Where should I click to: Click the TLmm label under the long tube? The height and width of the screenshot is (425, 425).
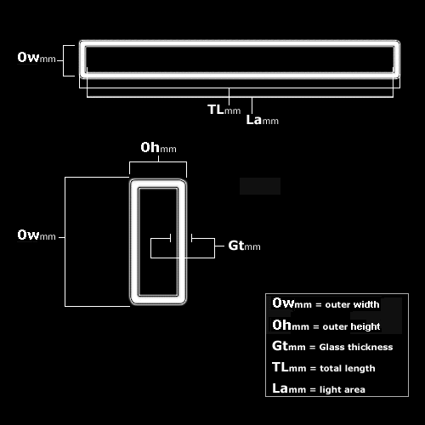(x=224, y=110)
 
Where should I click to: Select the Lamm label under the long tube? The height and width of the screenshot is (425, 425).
(x=263, y=120)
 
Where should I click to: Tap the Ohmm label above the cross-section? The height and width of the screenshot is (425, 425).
(x=158, y=148)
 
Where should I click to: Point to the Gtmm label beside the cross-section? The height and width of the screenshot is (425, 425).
(x=244, y=246)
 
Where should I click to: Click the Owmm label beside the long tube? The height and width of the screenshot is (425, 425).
(x=37, y=58)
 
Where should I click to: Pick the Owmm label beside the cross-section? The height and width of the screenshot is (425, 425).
(x=37, y=235)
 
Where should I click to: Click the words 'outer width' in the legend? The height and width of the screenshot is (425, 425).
(x=352, y=304)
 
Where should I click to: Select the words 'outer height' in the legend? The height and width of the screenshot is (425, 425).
(x=351, y=326)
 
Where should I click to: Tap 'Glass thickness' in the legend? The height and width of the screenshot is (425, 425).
(x=356, y=347)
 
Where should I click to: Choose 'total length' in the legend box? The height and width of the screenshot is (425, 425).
(x=348, y=368)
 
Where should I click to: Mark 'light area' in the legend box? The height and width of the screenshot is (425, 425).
(x=343, y=389)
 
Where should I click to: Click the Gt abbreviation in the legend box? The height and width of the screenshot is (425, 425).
(x=280, y=346)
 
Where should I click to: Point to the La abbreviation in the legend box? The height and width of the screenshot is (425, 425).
(x=280, y=388)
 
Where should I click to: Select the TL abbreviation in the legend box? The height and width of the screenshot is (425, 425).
(x=280, y=367)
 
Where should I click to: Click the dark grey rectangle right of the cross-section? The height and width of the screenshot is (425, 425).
(x=260, y=186)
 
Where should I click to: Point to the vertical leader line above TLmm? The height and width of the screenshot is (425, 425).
(x=229, y=97)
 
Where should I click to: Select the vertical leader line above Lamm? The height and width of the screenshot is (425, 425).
(x=252, y=106)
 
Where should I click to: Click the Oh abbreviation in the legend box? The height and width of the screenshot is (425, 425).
(x=281, y=325)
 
